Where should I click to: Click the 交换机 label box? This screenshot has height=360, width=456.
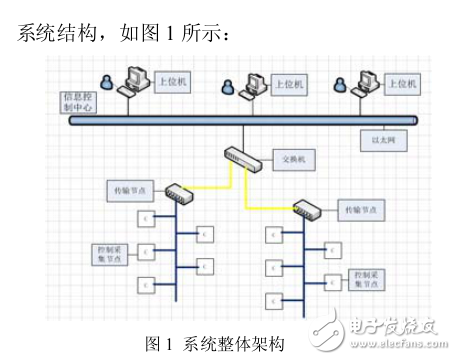[x=294, y=159]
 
